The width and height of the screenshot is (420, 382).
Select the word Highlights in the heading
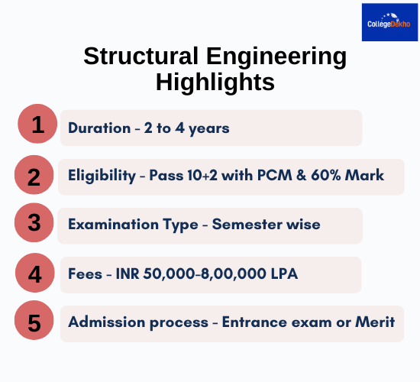tap(215, 82)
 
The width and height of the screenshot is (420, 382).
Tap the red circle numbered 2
tap(34, 176)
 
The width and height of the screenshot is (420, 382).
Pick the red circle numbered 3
tap(34, 224)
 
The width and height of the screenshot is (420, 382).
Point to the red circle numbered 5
tap(34, 322)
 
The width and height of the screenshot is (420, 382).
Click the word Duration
tap(99, 128)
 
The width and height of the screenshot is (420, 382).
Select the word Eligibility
tap(101, 177)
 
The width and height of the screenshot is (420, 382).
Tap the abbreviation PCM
tap(292, 176)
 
